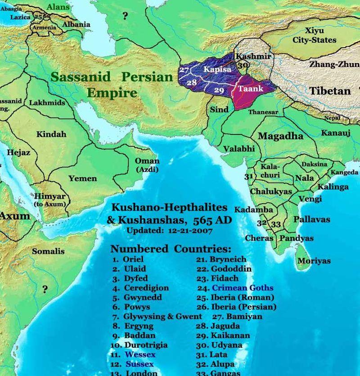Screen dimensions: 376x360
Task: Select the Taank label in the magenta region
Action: (251, 89)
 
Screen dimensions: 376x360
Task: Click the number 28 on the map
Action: (192, 83)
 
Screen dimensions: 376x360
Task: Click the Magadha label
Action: (280, 136)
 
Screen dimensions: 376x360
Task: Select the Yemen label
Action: (82, 179)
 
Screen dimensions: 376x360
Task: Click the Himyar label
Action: (50, 197)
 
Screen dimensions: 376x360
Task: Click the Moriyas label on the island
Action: (314, 261)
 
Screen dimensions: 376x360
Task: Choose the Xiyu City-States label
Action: (320, 36)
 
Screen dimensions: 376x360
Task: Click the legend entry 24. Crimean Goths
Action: (236, 288)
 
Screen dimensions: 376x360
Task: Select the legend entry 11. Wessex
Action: (134, 355)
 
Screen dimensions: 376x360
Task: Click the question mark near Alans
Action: (125, 17)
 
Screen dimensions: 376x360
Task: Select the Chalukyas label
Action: (270, 192)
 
